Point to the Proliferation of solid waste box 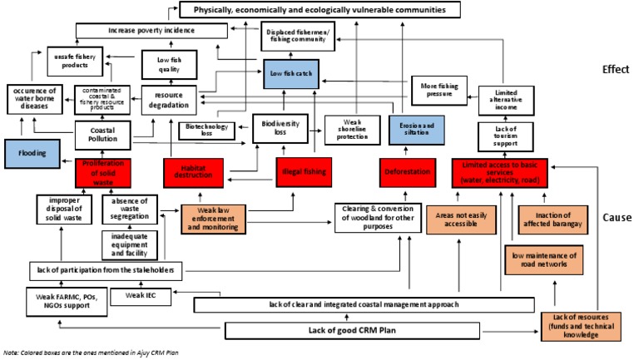(x=104, y=171)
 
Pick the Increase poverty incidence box (x=151, y=32)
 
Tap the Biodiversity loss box (x=280, y=126)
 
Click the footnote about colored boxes (x=91, y=353)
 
